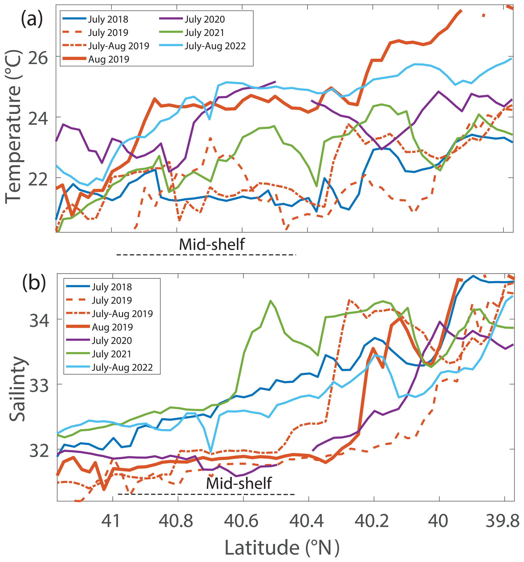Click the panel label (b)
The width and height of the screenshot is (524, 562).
[x=34, y=282]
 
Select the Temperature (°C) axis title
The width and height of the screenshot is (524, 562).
[x=13, y=126]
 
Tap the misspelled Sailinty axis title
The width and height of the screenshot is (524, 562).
[x=18, y=389]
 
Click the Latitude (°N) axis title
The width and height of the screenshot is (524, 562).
[x=282, y=547]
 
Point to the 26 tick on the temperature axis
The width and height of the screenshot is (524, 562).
[x=38, y=58]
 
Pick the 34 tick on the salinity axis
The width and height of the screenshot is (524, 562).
[x=39, y=321]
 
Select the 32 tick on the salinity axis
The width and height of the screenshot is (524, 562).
[x=39, y=451]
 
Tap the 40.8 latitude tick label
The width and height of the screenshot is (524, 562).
[x=176, y=521]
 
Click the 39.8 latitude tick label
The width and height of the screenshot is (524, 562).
[x=502, y=521]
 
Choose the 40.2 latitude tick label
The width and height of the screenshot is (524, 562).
[x=371, y=521]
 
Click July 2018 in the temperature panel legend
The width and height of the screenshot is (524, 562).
[x=108, y=19]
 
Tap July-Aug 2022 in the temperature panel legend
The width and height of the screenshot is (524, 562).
[x=215, y=46]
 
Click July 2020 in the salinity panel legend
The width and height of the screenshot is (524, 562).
[x=112, y=341]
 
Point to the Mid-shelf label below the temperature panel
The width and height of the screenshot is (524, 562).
[x=212, y=245]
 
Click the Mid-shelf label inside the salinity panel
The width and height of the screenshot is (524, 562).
[x=239, y=483]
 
